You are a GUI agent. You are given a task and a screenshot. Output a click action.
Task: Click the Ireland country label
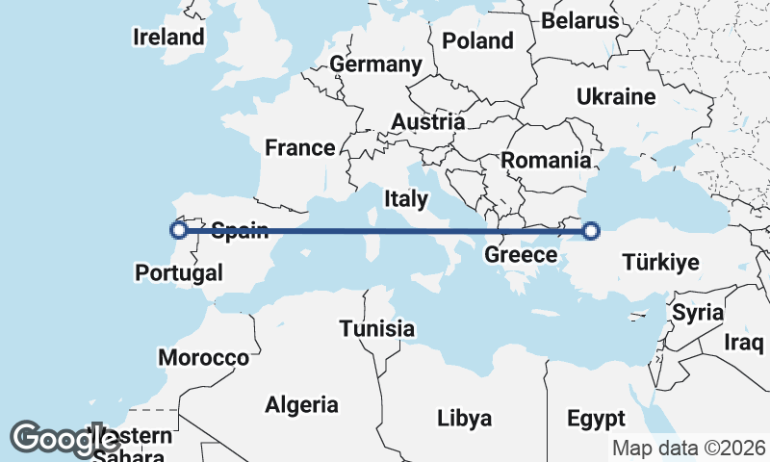click(169, 38)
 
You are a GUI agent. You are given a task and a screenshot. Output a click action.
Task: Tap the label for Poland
click(478, 40)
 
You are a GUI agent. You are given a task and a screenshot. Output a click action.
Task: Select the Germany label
click(375, 64)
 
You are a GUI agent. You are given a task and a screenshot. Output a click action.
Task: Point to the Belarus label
click(579, 20)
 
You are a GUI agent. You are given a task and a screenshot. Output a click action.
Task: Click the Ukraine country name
click(616, 96)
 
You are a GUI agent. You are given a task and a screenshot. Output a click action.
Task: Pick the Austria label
click(428, 122)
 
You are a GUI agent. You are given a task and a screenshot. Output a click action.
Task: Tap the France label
click(300, 147)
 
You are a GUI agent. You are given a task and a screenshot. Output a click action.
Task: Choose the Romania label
click(546, 161)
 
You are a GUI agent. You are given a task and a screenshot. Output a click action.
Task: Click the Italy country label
click(406, 199)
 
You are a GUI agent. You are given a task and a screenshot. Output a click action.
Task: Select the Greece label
click(521, 255)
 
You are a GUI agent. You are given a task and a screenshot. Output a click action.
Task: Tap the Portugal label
click(178, 272)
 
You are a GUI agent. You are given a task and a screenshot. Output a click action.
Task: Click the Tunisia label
click(377, 329)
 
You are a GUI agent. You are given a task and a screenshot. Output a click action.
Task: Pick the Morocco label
click(204, 358)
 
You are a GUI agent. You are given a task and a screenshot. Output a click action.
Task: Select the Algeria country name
click(301, 404)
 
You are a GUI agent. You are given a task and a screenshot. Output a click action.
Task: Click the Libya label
click(464, 419)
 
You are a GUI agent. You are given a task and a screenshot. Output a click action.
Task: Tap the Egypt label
click(596, 419)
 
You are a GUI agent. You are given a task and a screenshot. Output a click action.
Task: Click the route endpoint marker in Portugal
click(178, 230)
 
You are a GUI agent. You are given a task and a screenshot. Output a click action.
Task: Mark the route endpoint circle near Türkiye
click(591, 230)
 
